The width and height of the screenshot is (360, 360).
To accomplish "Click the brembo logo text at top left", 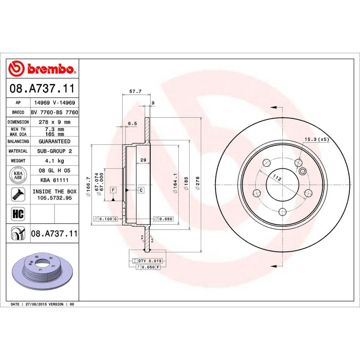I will pos(50,69).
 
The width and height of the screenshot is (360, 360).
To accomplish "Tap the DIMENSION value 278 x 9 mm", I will pos(54,122).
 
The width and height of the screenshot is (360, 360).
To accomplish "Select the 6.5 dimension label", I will pos(132,124).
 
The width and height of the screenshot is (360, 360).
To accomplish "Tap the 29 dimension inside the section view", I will pos(142,160).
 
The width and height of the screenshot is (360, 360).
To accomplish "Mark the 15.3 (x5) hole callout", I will pos(316,140).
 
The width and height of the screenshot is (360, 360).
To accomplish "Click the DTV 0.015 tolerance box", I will pos(148,260).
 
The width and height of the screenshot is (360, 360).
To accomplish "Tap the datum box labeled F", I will pos(113,190).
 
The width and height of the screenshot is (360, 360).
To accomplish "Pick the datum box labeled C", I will pos(141,190).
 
